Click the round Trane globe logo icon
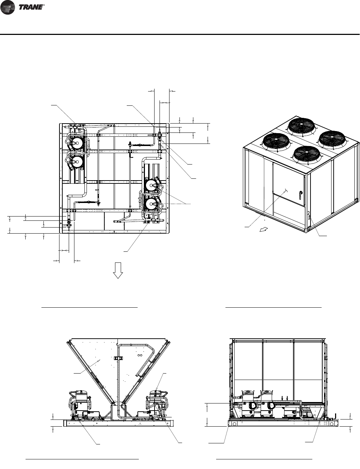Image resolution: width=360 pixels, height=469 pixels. click(x=7, y=7)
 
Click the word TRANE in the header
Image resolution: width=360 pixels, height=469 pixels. click(x=31, y=7)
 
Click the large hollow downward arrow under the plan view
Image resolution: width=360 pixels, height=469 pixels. click(x=118, y=270)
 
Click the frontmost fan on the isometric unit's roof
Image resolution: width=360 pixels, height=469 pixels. click(x=307, y=155)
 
